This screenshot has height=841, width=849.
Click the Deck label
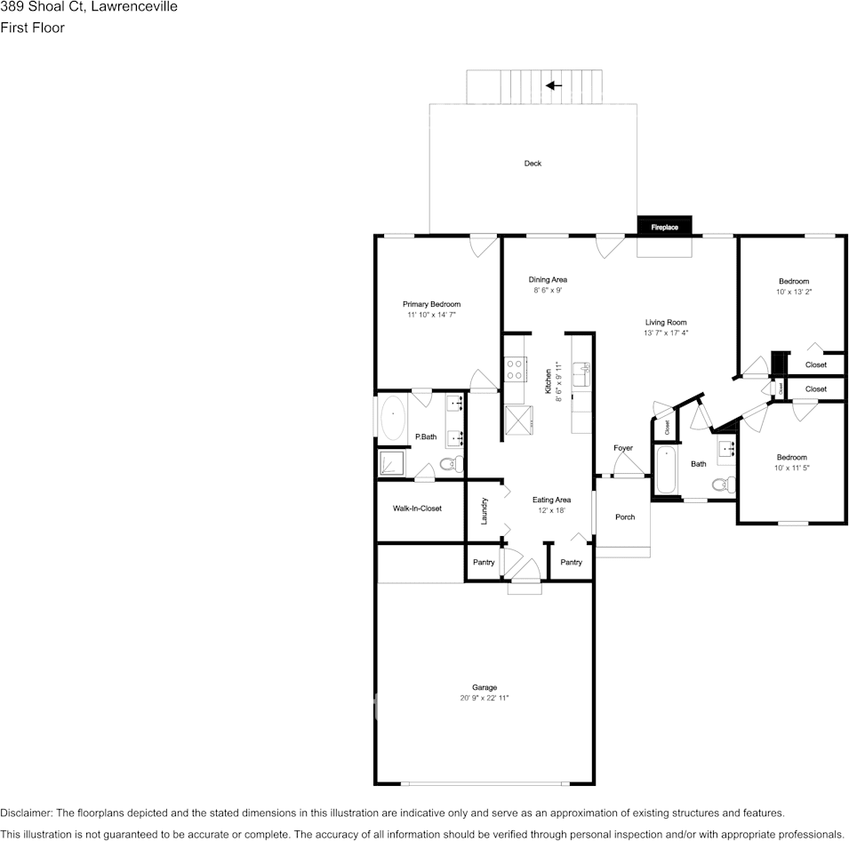coord(533,163)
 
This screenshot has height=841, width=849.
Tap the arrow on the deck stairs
coord(554,85)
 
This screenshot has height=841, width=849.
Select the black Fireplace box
coord(664,227)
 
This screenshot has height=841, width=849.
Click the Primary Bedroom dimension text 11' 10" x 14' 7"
coord(431,315)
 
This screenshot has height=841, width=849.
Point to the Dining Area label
coord(548,279)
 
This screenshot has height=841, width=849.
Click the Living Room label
coord(665,323)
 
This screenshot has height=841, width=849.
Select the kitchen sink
coord(581,374)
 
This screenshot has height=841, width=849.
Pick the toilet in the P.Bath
coord(453,464)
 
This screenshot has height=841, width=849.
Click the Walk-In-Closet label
coord(417,509)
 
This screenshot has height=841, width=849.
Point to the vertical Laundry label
coord(485,510)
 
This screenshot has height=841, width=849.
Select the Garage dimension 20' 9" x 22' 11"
coord(485,698)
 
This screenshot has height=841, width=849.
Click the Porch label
coord(625,517)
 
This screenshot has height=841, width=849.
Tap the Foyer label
coord(623,448)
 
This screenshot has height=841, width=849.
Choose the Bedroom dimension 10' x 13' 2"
coord(794,292)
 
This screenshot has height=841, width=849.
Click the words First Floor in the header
coord(33,28)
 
